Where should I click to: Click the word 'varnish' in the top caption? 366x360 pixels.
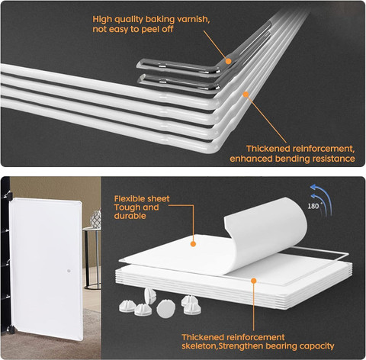(193, 20)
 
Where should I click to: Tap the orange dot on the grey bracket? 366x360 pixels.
(228, 61)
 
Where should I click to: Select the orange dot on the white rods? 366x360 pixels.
(246, 95)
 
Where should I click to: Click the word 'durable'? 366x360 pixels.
(130, 216)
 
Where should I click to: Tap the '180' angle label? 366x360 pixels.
(313, 206)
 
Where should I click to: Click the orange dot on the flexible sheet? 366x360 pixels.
(193, 244)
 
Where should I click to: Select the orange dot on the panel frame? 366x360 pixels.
(254, 281)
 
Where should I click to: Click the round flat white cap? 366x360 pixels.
(166, 308)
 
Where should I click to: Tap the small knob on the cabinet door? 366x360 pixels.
(69, 271)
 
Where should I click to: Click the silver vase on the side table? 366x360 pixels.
(96, 219)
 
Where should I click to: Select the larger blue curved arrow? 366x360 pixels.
(322, 199)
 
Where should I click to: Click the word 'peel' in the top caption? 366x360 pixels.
(149, 30)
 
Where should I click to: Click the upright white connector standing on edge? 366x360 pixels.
(149, 295)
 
